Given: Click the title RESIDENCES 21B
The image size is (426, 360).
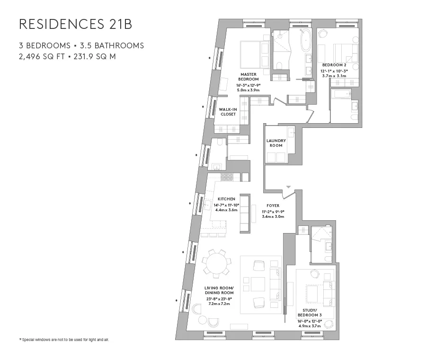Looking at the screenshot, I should (76, 24).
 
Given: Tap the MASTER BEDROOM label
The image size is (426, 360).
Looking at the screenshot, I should (248, 77).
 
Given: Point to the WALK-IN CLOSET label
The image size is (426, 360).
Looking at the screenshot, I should (228, 112).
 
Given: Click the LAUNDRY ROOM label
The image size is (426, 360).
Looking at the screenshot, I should (276, 143).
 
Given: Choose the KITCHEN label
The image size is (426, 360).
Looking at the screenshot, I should (226, 199).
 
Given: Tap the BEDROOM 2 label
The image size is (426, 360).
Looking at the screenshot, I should (335, 64).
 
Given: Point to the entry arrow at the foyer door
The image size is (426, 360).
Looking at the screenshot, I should (288, 188).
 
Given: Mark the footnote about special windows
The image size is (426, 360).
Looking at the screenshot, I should (64, 340).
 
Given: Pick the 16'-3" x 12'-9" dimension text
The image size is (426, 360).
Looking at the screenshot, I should (248, 85).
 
